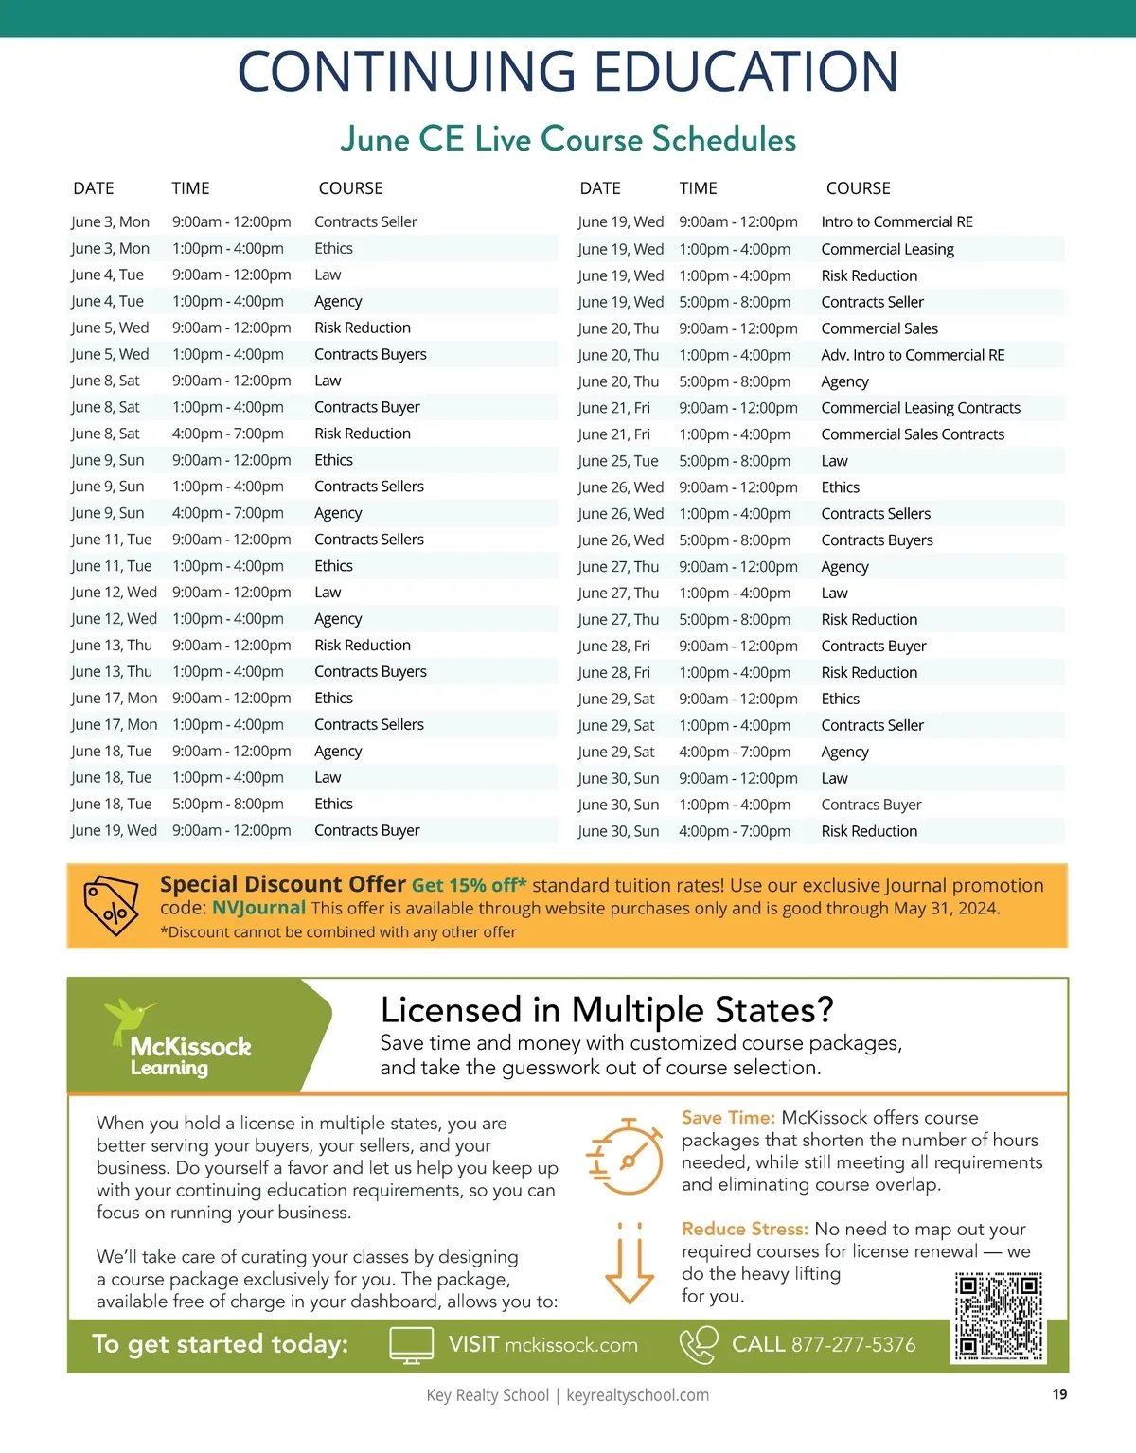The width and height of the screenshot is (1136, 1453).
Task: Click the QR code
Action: coord(999,1317)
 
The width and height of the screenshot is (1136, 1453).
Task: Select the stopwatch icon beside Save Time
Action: coord(626,1158)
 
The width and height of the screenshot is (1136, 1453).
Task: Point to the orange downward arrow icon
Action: coord(630,1264)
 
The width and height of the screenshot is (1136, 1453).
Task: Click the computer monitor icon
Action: coord(412,1345)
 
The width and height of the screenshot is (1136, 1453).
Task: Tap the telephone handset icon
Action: coord(699,1345)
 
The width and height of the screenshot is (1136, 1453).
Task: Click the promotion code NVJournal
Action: coord(258,908)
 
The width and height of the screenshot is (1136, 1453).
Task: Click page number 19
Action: coord(1059,1394)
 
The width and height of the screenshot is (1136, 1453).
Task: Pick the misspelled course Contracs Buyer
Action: coord(871,805)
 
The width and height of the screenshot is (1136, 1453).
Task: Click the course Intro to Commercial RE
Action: coord(896,222)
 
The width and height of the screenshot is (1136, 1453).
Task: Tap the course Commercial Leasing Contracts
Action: coord(920,408)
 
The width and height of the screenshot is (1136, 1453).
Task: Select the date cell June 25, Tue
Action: coord(618,461)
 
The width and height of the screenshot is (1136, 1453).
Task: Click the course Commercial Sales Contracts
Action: coord(913,434)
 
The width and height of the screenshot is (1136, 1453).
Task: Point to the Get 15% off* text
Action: coord(469,886)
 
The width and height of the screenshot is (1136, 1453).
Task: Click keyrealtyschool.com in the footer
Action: coord(637,1395)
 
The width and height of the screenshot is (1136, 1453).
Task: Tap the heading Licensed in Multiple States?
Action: coord(607,1010)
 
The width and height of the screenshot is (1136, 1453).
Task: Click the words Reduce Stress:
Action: coord(744,1229)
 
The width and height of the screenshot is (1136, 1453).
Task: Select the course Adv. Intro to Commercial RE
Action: coord(913,355)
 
